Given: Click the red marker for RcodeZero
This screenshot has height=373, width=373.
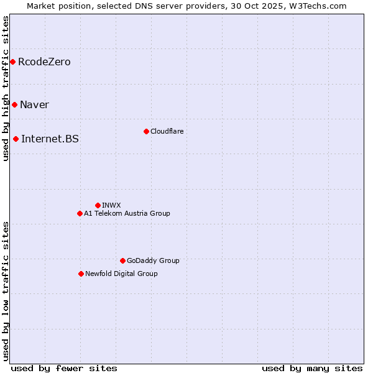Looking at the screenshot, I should pos(12,62).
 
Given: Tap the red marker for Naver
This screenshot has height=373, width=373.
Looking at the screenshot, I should pos(14,104).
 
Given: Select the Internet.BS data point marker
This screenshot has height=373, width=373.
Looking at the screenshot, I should pos(16,139).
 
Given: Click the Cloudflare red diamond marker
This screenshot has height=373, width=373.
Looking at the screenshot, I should pos(146,131).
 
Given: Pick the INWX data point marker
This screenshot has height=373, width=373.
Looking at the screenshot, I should pos(98,205).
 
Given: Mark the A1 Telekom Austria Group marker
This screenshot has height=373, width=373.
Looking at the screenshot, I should pos(80,213).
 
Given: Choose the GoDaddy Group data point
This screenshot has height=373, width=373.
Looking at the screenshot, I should pos(122,260).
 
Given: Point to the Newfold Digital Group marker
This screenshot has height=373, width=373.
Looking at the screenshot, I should pos(81,274).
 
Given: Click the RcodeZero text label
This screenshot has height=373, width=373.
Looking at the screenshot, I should pos(44,62).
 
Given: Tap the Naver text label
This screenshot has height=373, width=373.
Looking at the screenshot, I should pos(34,104).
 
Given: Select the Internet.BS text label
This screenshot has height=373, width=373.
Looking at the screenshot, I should pos(50,139).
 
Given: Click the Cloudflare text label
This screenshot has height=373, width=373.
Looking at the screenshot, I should pos(167,131).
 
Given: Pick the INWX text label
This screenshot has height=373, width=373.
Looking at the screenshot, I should pos(111,205).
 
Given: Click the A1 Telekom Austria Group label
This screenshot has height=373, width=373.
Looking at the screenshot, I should pos(127,213).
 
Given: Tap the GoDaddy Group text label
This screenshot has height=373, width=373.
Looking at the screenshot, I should pos(153,260).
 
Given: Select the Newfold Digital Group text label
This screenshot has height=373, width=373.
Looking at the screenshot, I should pos(121,274).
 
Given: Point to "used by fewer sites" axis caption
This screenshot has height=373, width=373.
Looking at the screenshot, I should pos(64,368).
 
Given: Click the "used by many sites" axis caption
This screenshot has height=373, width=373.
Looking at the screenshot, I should pos(312,368).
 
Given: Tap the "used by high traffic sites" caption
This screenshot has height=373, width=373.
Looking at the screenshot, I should pos(6,88).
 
